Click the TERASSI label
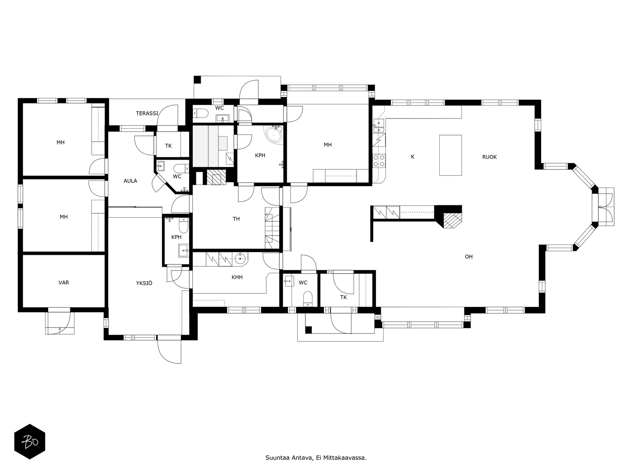[x=147, y=113]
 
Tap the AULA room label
[x=130, y=181]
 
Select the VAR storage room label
[x=64, y=283]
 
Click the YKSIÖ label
[x=144, y=283]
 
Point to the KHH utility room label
[x=237, y=277]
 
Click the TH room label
[x=236, y=219]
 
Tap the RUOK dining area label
[x=489, y=157]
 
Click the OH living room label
[x=468, y=257]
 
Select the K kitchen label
[x=412, y=157]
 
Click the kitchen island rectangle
[x=450, y=155]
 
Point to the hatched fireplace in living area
[x=452, y=220]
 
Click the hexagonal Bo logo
[x=30, y=441]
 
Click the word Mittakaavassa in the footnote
[x=344, y=458]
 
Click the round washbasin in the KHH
[x=240, y=259]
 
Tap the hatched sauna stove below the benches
[x=216, y=177]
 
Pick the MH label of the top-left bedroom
[x=60, y=143]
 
